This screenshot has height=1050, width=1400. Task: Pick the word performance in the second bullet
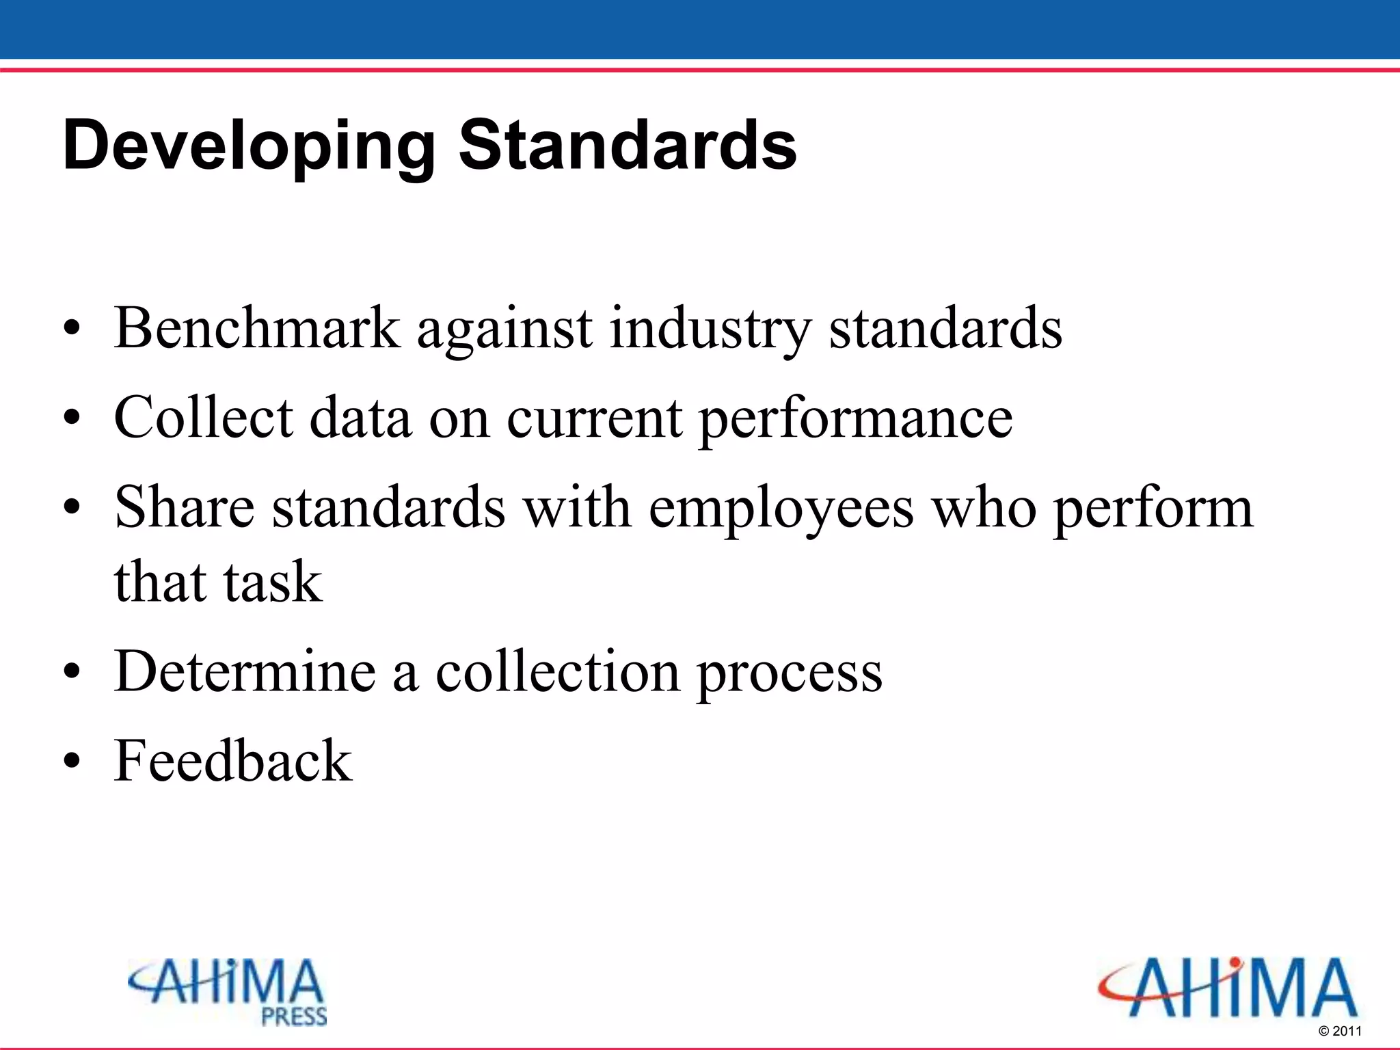[855, 419]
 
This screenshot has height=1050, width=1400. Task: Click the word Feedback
[233, 760]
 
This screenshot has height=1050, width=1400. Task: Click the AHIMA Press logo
[228, 992]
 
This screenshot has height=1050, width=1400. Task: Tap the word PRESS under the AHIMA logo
[294, 1017]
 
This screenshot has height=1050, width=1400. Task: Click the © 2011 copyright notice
[1340, 1031]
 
